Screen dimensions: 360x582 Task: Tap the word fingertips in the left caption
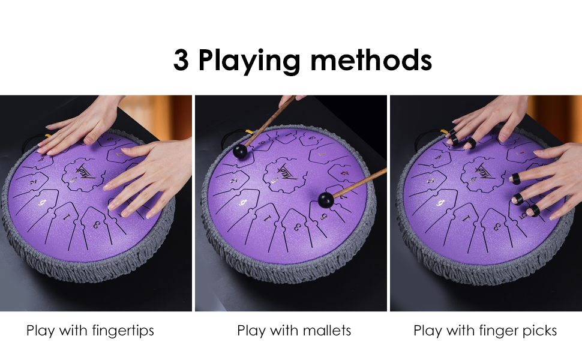tap(123, 331)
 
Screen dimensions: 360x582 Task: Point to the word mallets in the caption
tap(326, 331)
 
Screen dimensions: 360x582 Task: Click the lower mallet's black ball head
tap(326, 200)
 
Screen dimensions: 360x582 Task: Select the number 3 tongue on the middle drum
tap(297, 227)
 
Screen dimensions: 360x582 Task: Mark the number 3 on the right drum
tap(495, 226)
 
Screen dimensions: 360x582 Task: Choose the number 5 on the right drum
tap(523, 214)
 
